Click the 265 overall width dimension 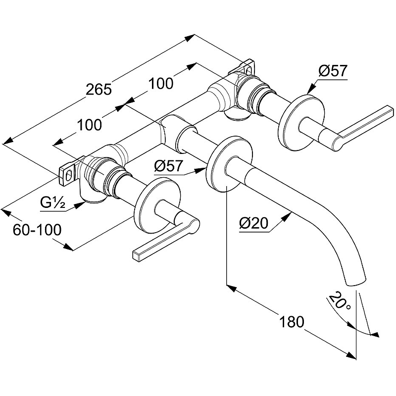pyautogui.click(x=99, y=90)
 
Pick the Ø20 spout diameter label pyautogui.click(x=253, y=224)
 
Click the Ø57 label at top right pyautogui.click(x=333, y=71)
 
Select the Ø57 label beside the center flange pyautogui.click(x=168, y=166)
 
